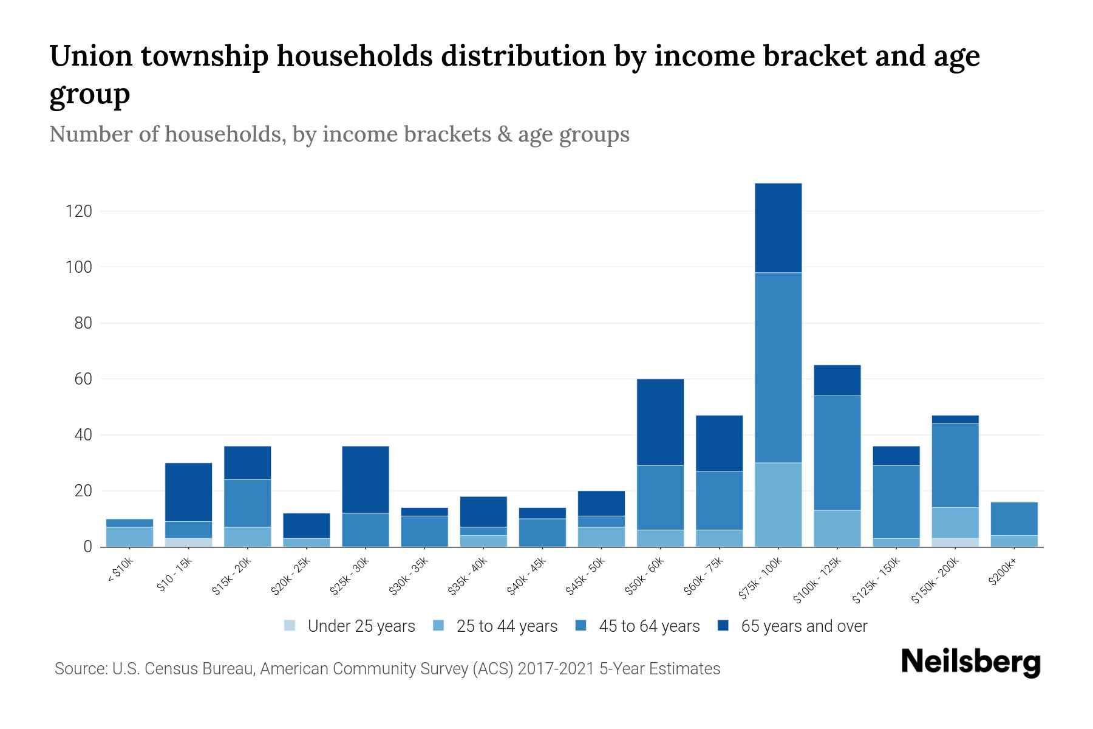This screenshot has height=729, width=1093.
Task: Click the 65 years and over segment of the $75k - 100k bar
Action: (778, 228)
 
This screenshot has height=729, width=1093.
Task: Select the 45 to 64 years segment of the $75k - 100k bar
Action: (778, 368)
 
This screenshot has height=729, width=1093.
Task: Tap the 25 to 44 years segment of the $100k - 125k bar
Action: (837, 529)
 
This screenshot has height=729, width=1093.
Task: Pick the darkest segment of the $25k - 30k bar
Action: (366, 480)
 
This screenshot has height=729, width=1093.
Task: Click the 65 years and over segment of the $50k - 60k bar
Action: (660, 422)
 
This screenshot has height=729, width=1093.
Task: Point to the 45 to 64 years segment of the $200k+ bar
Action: (1013, 519)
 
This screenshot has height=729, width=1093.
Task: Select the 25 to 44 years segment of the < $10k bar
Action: (129, 537)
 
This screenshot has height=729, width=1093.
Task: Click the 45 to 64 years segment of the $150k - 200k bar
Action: (955, 465)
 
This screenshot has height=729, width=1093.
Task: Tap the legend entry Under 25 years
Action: (361, 626)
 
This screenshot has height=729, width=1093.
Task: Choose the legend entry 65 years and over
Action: (803, 626)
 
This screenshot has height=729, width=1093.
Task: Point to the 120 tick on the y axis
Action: (80, 211)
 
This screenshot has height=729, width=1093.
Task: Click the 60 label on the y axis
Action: (83, 379)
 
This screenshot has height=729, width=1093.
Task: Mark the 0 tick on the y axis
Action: (88, 547)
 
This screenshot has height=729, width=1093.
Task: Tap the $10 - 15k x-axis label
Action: (175, 574)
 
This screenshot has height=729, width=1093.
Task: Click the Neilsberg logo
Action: (971, 662)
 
